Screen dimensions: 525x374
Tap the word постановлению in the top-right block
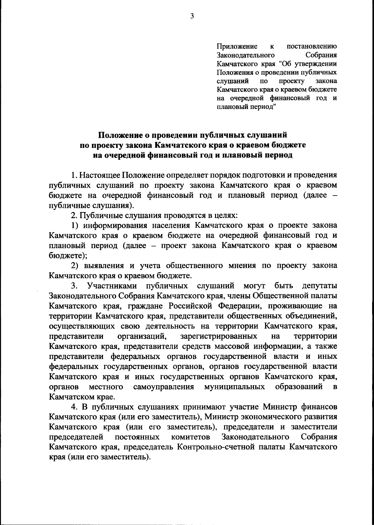(311, 47)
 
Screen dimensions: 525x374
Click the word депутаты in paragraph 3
(319, 286)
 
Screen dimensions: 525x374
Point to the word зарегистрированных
(219, 336)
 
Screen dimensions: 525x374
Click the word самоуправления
(164, 387)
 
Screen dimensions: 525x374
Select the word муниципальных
(234, 387)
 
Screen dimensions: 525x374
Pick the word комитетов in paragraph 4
(190, 437)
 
